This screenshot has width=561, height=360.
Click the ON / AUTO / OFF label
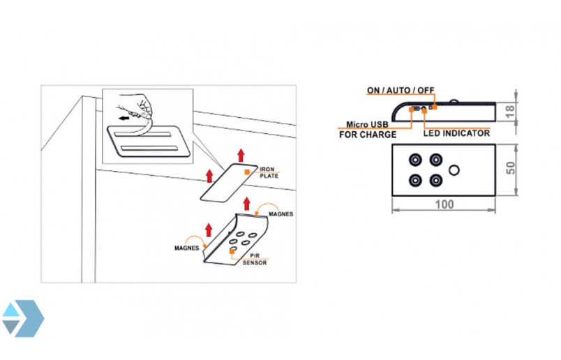[401, 90]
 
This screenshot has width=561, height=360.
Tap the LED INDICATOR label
[456, 133]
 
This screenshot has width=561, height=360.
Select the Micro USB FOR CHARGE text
[368, 130]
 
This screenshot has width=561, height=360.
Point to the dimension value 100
[444, 204]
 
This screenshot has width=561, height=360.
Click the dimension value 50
[511, 168]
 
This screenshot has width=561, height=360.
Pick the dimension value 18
[511, 112]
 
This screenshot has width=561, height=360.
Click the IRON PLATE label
[269, 172]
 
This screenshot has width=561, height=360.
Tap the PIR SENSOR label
[255, 259]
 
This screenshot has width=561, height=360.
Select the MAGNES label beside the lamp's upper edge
[281, 214]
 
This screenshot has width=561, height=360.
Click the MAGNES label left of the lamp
[186, 248]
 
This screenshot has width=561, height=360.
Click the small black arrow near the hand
[124, 118]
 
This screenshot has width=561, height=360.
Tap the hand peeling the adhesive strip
[137, 105]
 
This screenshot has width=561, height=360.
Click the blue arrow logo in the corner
[22, 318]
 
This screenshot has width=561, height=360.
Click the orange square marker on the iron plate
[247, 172]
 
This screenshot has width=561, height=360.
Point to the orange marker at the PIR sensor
[232, 252]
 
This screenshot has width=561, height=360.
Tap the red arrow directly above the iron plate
[241, 156]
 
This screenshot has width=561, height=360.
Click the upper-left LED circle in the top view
[415, 160]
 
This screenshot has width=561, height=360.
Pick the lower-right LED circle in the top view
[436, 180]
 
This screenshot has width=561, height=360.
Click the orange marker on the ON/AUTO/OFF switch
[435, 107]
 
